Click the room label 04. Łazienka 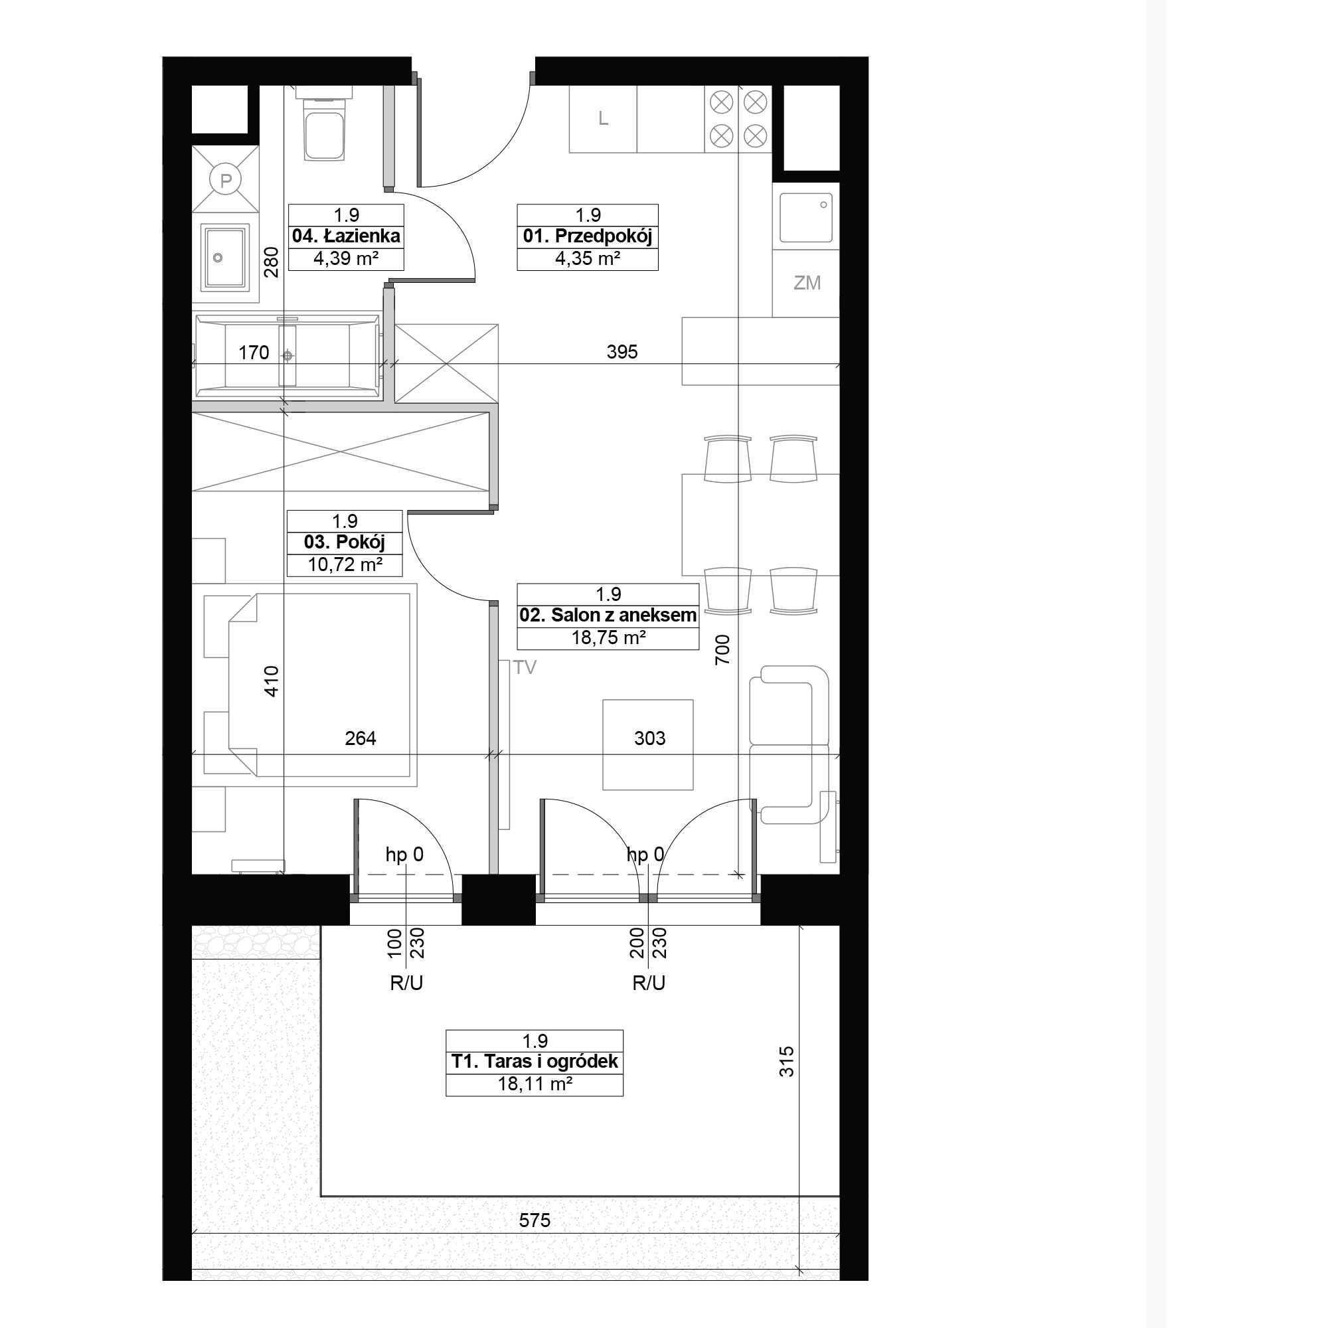point(346,236)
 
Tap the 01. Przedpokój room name point(588,236)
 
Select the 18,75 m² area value point(608,638)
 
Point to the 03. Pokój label point(345,542)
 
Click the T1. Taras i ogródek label point(535,1062)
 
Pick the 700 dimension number point(722,649)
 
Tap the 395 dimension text point(622,352)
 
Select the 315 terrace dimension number point(786,1061)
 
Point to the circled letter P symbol point(226,181)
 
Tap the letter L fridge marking point(604,119)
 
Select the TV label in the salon point(525,667)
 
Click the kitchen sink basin point(806,218)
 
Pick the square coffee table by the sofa point(647,745)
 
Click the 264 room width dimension point(360,738)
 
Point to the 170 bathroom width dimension point(254,353)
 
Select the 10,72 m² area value point(345,565)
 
